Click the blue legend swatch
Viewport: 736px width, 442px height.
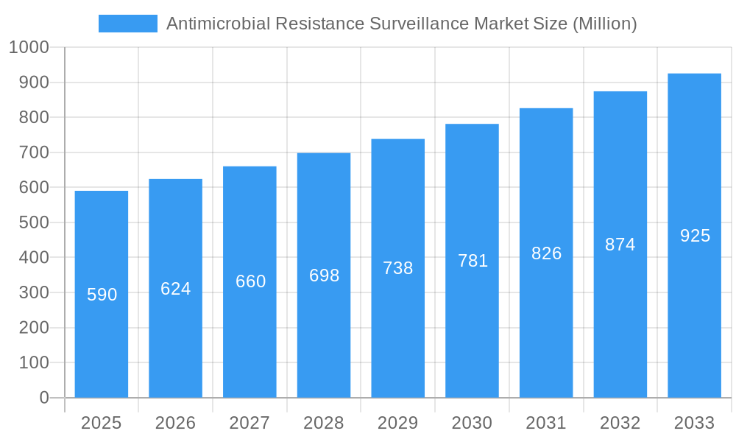[128, 24]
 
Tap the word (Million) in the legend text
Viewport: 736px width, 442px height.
[604, 24]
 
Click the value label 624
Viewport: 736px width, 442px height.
[176, 289]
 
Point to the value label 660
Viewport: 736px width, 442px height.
[250, 281]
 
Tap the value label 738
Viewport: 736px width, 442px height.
[398, 268]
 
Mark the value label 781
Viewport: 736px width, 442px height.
[473, 261]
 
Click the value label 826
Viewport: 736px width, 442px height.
[546, 253]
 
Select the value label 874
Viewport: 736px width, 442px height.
[620, 245]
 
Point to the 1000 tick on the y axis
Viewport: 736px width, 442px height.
[28, 48]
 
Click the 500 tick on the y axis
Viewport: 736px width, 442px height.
[33, 222]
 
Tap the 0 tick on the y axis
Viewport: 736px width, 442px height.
[43, 398]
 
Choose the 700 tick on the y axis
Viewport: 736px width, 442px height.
[33, 152]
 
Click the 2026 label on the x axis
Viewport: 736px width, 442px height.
[176, 423]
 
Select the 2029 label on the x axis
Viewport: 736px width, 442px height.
[398, 423]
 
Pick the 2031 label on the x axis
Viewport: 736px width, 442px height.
[546, 423]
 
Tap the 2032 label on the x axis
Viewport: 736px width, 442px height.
[620, 423]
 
